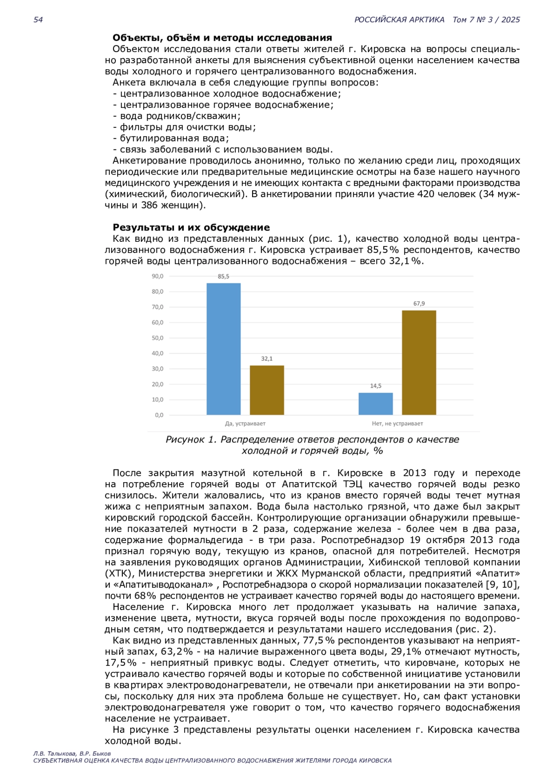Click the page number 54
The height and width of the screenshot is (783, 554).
click(38, 20)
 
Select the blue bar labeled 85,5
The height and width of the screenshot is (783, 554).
click(223, 349)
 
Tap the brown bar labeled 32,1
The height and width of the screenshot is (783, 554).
click(267, 390)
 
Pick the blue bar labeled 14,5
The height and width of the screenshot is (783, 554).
click(376, 404)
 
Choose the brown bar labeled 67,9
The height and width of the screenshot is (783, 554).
click(419, 363)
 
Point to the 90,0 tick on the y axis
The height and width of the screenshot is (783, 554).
click(157, 276)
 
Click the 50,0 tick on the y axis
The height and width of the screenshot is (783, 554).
click(157, 338)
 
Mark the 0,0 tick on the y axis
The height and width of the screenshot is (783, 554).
click(159, 415)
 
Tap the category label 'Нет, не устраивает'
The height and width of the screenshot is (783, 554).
click(397, 424)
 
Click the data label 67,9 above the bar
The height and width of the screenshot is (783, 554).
click(419, 304)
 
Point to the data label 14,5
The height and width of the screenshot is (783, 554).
click(376, 386)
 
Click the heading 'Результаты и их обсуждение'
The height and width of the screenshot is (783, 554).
click(191, 227)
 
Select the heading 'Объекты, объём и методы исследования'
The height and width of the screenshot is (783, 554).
click(222, 38)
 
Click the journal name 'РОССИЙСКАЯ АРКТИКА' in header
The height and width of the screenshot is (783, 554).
click(399, 20)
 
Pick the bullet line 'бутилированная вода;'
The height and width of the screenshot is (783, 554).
click(174, 138)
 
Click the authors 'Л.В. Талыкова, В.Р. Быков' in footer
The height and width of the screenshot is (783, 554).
click(72, 753)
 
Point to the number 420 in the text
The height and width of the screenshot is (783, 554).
click(425, 194)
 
